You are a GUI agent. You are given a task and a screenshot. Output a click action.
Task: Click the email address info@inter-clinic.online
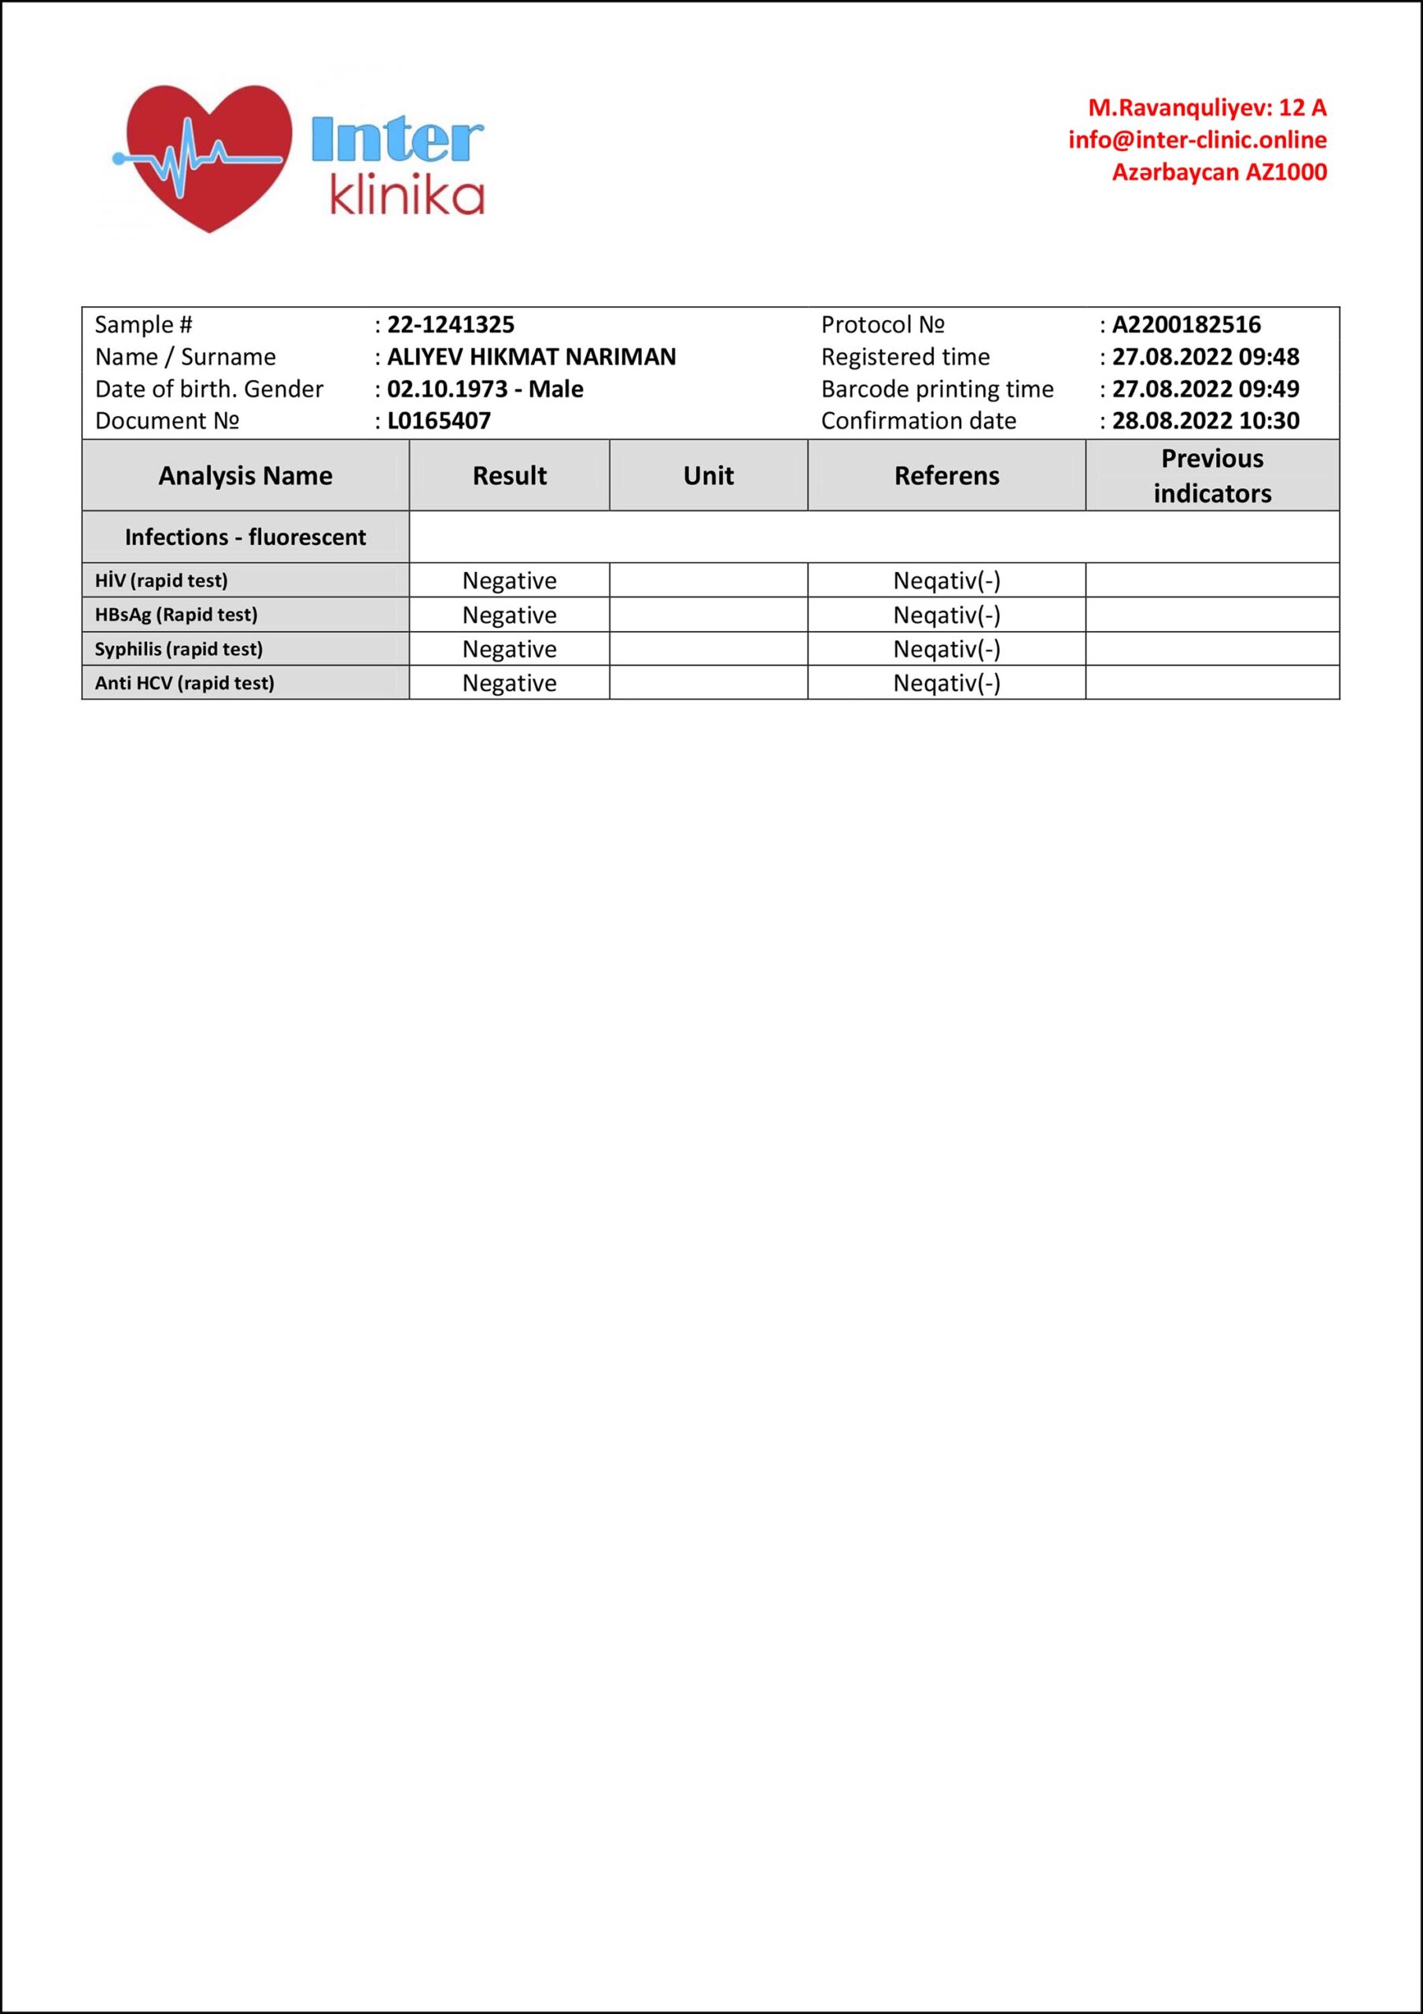point(1196,140)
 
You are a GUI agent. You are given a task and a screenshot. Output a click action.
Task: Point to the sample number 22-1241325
point(451,325)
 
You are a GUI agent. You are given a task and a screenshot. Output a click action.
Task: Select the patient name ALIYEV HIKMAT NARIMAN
point(532,357)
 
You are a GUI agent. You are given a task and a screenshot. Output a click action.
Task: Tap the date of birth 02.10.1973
point(448,389)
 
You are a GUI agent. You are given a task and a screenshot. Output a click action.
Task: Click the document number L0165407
point(439,421)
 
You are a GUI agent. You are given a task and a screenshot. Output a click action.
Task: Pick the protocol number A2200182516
point(1186,325)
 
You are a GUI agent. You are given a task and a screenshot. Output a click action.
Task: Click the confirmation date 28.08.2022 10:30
point(1205,421)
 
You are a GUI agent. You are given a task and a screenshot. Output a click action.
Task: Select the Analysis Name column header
point(245,475)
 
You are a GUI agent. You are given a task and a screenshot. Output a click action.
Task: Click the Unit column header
point(708,475)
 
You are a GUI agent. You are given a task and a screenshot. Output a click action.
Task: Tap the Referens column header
point(946,475)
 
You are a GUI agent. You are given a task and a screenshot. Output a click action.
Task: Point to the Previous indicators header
point(1211,475)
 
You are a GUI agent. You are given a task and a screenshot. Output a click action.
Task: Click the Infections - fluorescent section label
point(245,537)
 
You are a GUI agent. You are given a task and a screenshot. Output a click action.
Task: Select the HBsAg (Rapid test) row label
point(176,615)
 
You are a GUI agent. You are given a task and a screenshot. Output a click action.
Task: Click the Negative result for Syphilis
point(509,649)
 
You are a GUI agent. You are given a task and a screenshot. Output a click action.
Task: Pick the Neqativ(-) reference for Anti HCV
point(946,684)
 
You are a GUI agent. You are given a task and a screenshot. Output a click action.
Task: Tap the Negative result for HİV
point(509,581)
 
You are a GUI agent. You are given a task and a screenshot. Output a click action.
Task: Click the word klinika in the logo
point(407,197)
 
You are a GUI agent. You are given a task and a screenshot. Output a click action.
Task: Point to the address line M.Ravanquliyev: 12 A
point(1207,108)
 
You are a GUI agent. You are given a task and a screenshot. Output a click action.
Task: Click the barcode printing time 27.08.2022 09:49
point(1205,389)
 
